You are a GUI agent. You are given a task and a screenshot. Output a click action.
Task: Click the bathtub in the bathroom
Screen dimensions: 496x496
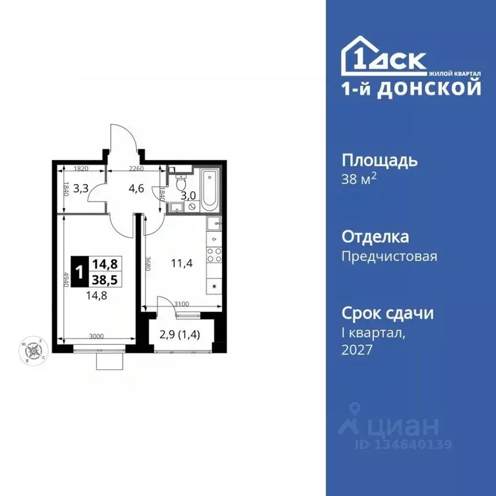210,189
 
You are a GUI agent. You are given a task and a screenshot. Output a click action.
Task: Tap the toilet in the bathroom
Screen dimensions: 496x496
181,175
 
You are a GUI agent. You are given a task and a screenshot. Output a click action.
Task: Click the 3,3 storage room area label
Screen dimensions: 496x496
81,189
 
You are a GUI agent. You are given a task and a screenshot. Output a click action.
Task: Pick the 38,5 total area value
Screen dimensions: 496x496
104,278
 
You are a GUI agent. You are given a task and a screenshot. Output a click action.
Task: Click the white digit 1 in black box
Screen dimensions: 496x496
79,270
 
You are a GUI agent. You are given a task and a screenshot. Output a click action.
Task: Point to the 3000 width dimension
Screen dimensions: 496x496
97,336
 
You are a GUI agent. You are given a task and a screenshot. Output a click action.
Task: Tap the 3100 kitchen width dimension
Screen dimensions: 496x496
181,304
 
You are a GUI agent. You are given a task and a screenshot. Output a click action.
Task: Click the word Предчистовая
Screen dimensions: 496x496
389,256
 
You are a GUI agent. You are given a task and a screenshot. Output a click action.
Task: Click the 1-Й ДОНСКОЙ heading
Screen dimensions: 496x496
410,88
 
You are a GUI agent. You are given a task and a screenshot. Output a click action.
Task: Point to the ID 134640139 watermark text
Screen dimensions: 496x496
403,444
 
